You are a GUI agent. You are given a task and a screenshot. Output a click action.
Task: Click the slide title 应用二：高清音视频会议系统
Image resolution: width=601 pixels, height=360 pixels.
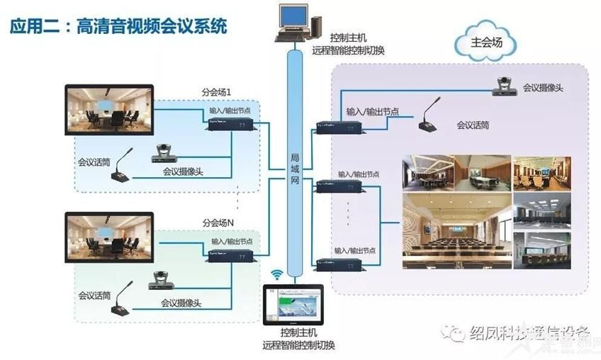click(118, 27)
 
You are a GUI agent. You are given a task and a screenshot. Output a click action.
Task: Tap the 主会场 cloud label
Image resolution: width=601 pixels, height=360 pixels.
click(486, 43)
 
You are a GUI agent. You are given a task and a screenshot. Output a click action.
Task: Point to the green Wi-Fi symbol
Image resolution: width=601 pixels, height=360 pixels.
click(276, 274)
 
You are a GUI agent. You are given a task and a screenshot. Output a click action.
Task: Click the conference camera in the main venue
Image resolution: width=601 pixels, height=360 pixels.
click(507, 86)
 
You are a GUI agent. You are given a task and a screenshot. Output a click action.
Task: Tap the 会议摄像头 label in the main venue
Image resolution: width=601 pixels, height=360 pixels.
click(543, 88)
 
